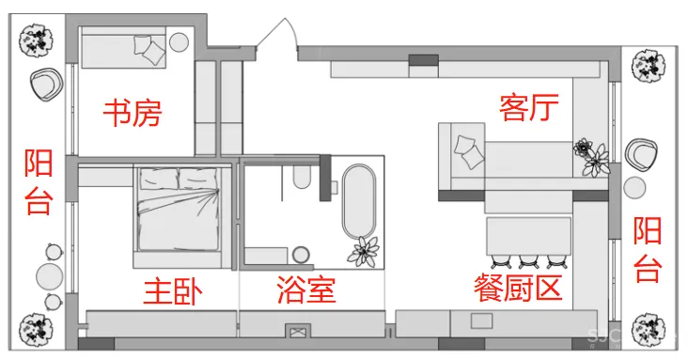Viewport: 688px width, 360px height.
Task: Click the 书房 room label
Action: point(132,114)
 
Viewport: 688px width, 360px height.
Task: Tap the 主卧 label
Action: point(172,291)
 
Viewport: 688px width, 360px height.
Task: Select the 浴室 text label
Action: point(306,290)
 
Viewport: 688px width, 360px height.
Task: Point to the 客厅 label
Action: point(529,110)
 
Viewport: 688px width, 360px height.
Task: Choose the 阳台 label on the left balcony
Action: point(38,181)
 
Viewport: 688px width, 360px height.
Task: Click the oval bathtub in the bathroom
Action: point(358,202)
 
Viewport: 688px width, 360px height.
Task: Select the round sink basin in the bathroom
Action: point(301,254)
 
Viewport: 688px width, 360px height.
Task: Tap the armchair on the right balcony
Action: point(644,151)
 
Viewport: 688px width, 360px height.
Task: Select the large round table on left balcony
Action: point(49,276)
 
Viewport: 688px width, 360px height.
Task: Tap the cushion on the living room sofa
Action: point(467,149)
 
